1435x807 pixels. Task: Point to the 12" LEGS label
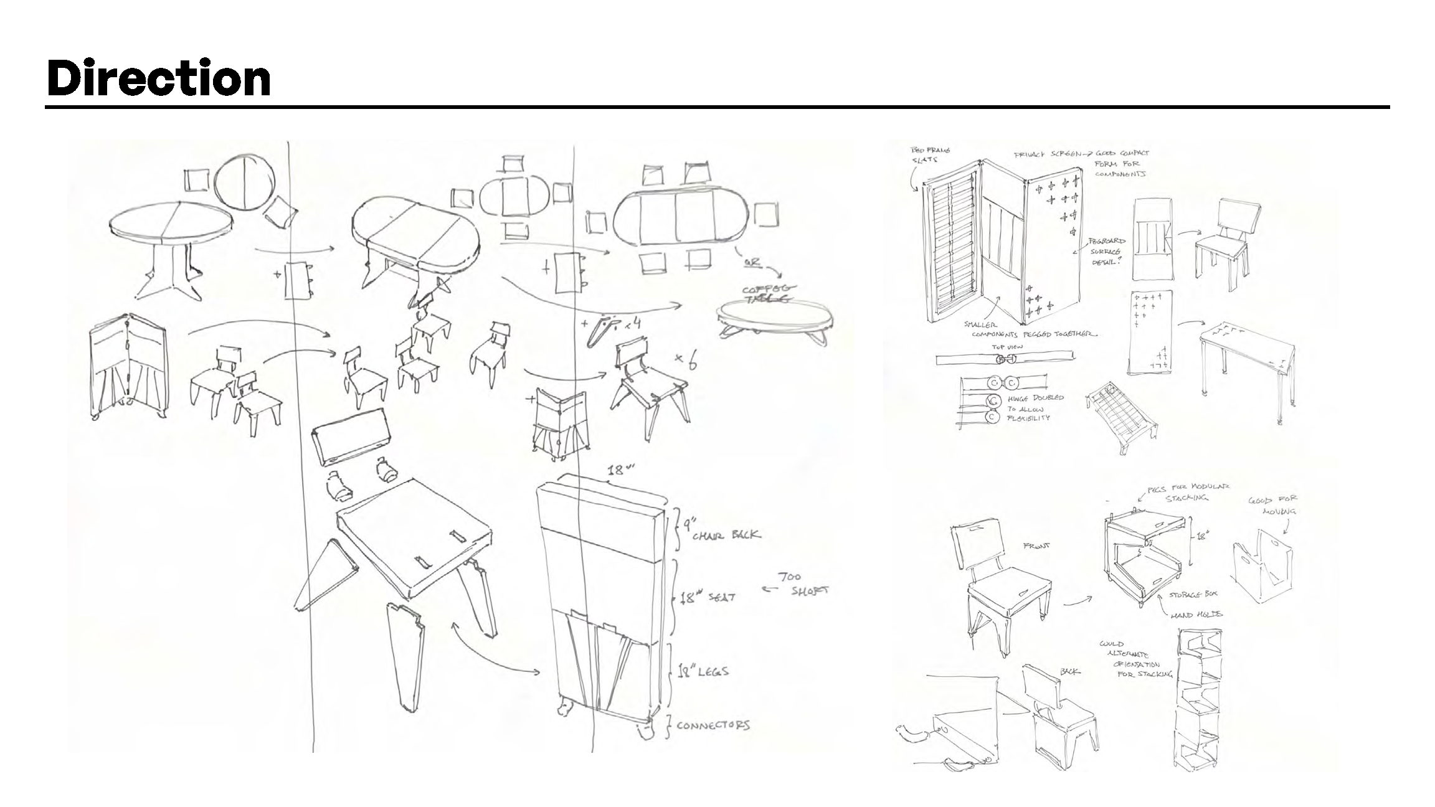click(703, 671)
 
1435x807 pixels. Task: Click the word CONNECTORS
click(713, 725)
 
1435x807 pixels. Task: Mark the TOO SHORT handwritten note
click(803, 584)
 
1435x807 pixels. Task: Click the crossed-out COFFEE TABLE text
click(763, 293)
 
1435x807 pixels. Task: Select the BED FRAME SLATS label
click(930, 155)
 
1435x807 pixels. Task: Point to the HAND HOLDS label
click(1196, 615)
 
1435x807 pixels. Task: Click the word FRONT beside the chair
click(1037, 546)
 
